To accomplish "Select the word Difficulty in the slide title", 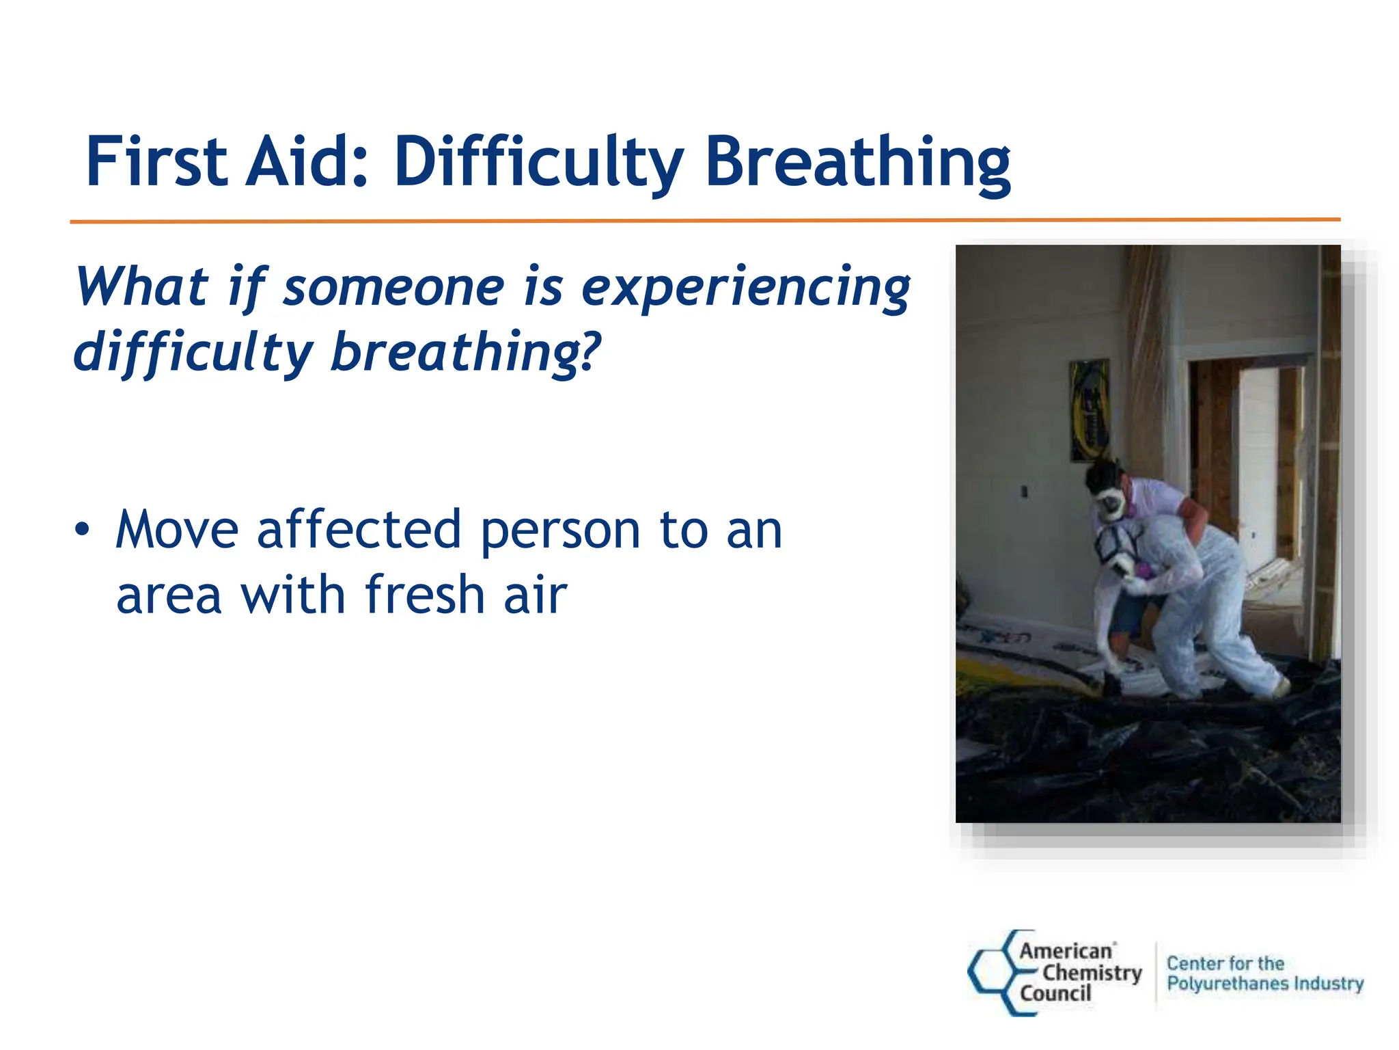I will [538, 164].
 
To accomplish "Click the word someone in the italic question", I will [394, 287].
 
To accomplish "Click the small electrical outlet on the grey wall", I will [1023, 491].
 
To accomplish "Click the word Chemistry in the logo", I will [1092, 972].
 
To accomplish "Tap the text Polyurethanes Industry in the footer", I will [1264, 983].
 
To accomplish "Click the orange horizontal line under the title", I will [704, 221].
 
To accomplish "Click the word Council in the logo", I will [1055, 993].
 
